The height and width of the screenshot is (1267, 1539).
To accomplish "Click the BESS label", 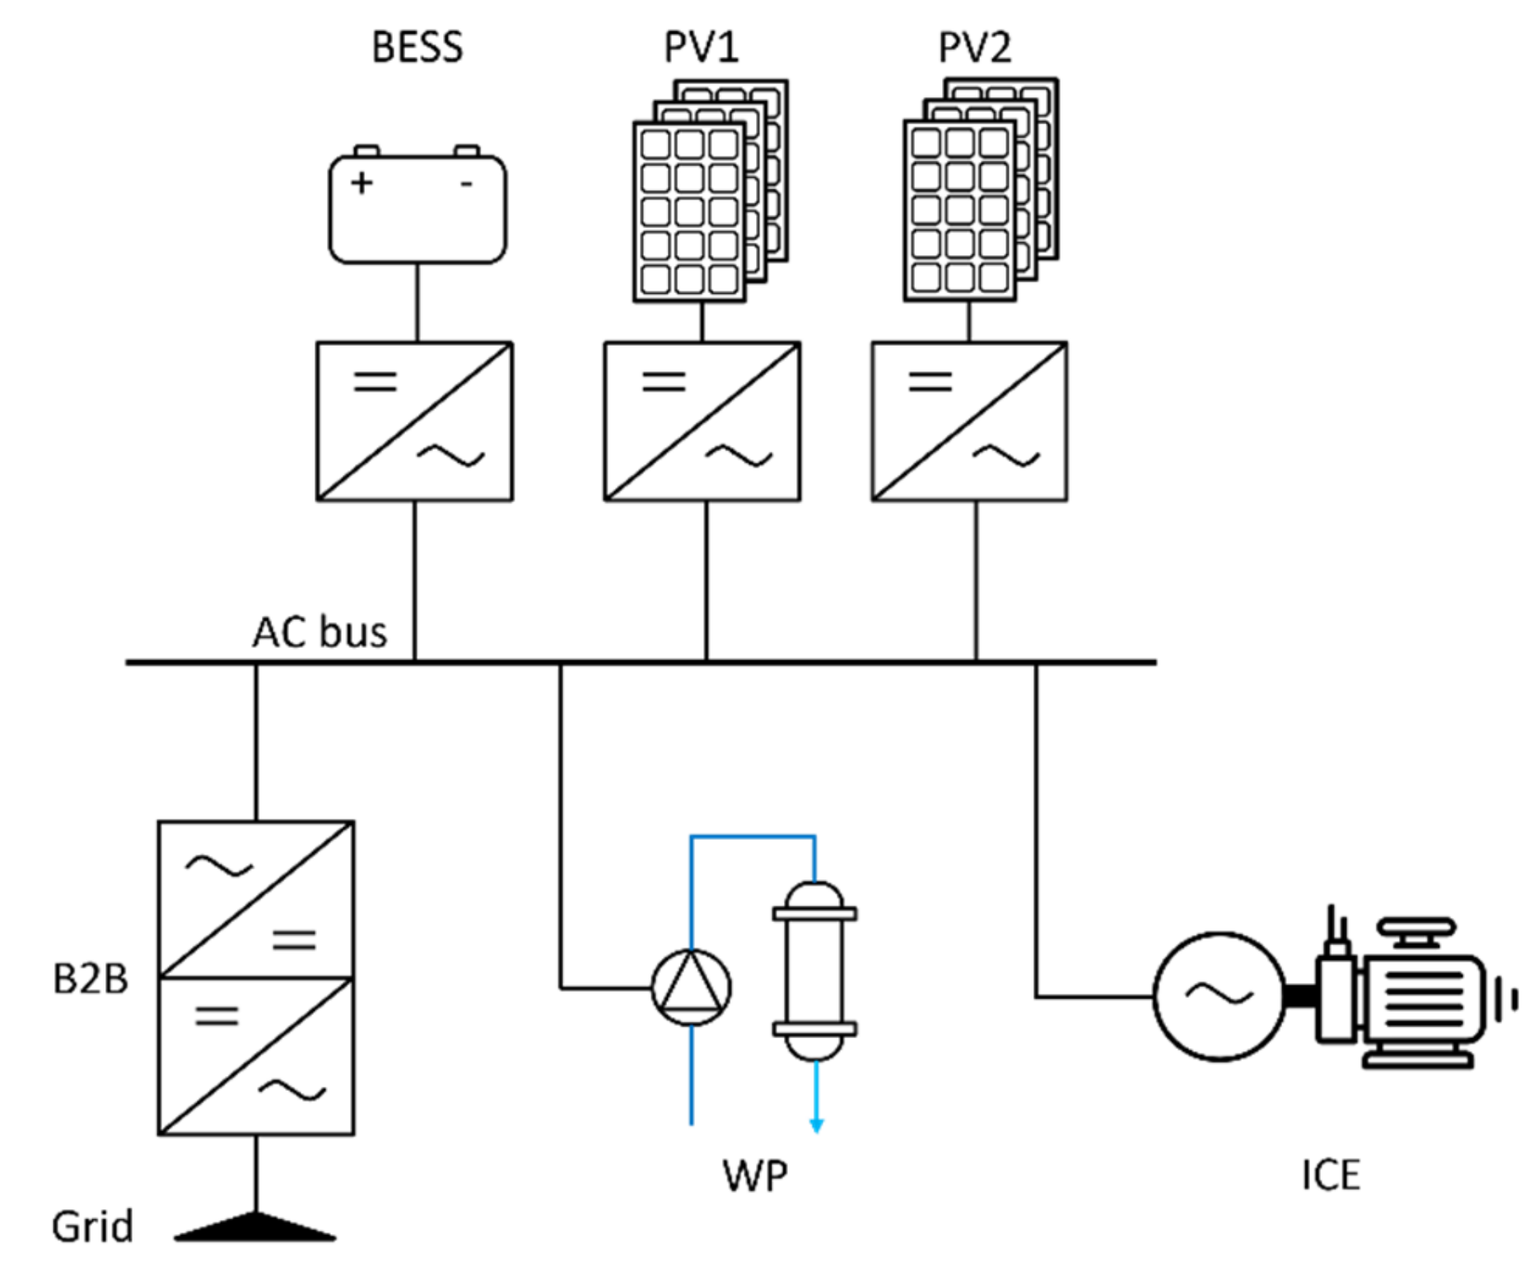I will click(x=417, y=47).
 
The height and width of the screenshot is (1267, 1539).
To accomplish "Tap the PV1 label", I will click(x=701, y=47).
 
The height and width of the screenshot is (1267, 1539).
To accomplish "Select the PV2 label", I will click(x=974, y=47).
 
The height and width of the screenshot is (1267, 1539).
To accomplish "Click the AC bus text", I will click(x=319, y=632).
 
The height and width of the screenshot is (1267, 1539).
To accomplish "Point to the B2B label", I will click(x=91, y=980).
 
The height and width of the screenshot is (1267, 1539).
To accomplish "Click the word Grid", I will click(x=92, y=1227).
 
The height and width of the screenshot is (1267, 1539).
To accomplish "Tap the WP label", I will click(x=754, y=1176).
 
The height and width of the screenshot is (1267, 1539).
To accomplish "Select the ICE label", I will click(x=1330, y=1175).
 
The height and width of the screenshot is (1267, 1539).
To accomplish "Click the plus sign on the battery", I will click(x=361, y=183).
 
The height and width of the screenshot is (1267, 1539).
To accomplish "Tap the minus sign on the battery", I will click(x=466, y=184).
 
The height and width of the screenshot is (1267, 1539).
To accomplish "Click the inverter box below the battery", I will click(x=415, y=422).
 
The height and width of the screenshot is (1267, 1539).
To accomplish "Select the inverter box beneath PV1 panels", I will click(x=702, y=422).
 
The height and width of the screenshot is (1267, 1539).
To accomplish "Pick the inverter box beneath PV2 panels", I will click(x=970, y=422).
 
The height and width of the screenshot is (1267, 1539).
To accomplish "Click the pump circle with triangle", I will click(x=691, y=987).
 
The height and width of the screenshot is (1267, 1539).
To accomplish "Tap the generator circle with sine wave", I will click(x=1219, y=996).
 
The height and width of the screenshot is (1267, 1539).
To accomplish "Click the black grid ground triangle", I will click(x=255, y=1227).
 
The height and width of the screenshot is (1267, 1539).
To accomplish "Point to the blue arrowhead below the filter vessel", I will click(x=816, y=1125).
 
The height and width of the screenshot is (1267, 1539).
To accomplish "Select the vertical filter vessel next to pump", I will click(x=814, y=971).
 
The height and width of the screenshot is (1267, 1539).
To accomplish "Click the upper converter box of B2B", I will click(x=256, y=899).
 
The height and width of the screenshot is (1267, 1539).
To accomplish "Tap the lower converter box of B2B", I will click(x=256, y=1056).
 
